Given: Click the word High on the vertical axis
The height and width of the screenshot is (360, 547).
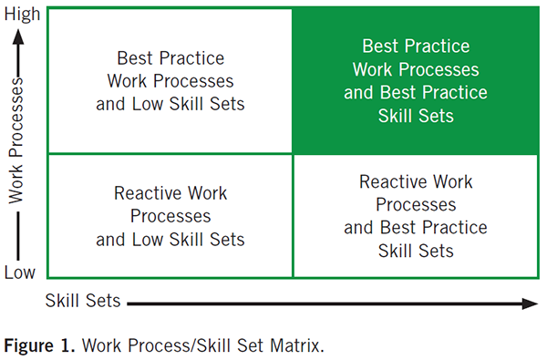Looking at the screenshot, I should pos(22,15).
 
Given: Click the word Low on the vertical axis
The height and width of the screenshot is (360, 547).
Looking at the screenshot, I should pos(21,273).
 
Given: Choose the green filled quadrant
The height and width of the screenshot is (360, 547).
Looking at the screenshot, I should pos(415,80).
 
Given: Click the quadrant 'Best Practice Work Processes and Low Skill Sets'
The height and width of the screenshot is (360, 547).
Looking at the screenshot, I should pos(170,80).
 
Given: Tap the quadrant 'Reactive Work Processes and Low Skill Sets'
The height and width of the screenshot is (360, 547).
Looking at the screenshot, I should pos(170,216).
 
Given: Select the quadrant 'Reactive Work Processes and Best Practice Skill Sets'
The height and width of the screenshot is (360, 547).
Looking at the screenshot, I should pos(415,216).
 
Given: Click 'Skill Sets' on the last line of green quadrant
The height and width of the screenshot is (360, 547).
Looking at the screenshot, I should pos(415,115).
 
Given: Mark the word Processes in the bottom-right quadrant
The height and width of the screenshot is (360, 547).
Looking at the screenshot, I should pos(415,205).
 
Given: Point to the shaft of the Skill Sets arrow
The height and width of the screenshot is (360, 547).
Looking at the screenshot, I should pos(319,301).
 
